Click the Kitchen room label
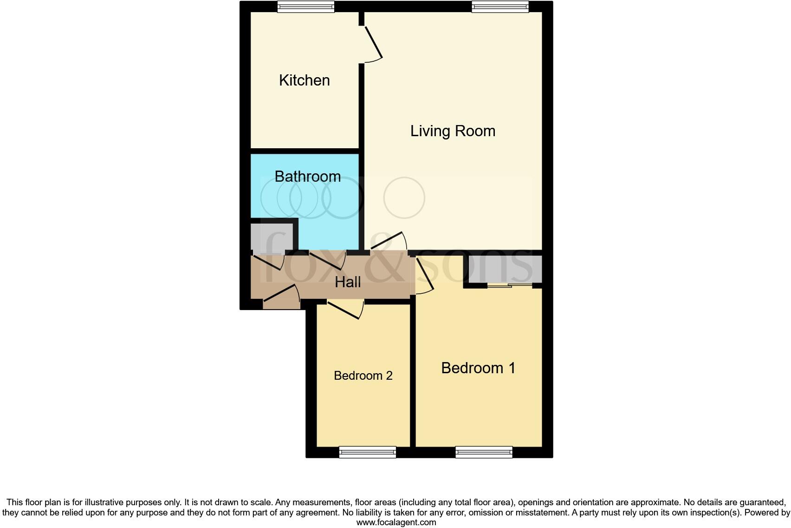(x=305, y=80)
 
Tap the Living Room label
(x=453, y=131)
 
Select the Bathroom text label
(x=307, y=177)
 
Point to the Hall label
(x=348, y=282)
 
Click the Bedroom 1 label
(x=478, y=368)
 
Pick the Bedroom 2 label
(x=363, y=376)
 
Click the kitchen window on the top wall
(x=305, y=7)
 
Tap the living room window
(x=500, y=7)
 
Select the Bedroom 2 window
(x=367, y=452)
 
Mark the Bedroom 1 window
(x=484, y=452)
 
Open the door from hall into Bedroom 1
(x=424, y=275)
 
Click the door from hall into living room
(x=389, y=241)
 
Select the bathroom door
(x=327, y=260)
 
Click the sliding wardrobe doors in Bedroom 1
(x=509, y=285)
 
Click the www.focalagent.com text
(x=395, y=522)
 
